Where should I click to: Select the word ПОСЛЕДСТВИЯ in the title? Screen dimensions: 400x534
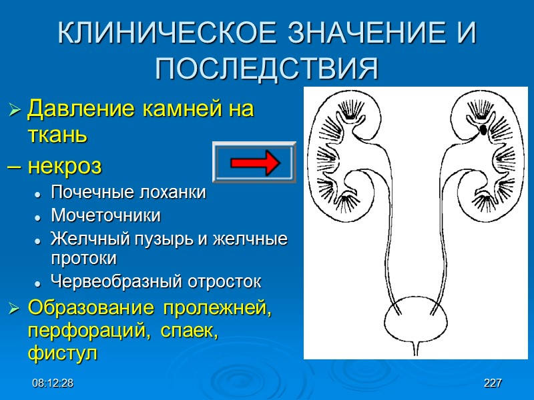267,67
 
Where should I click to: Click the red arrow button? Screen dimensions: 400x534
254,162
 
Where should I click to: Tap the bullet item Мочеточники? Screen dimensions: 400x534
105,216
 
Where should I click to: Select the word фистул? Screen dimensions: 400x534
62,353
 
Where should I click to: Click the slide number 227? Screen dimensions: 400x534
493,383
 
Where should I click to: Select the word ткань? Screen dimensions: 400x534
57,135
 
